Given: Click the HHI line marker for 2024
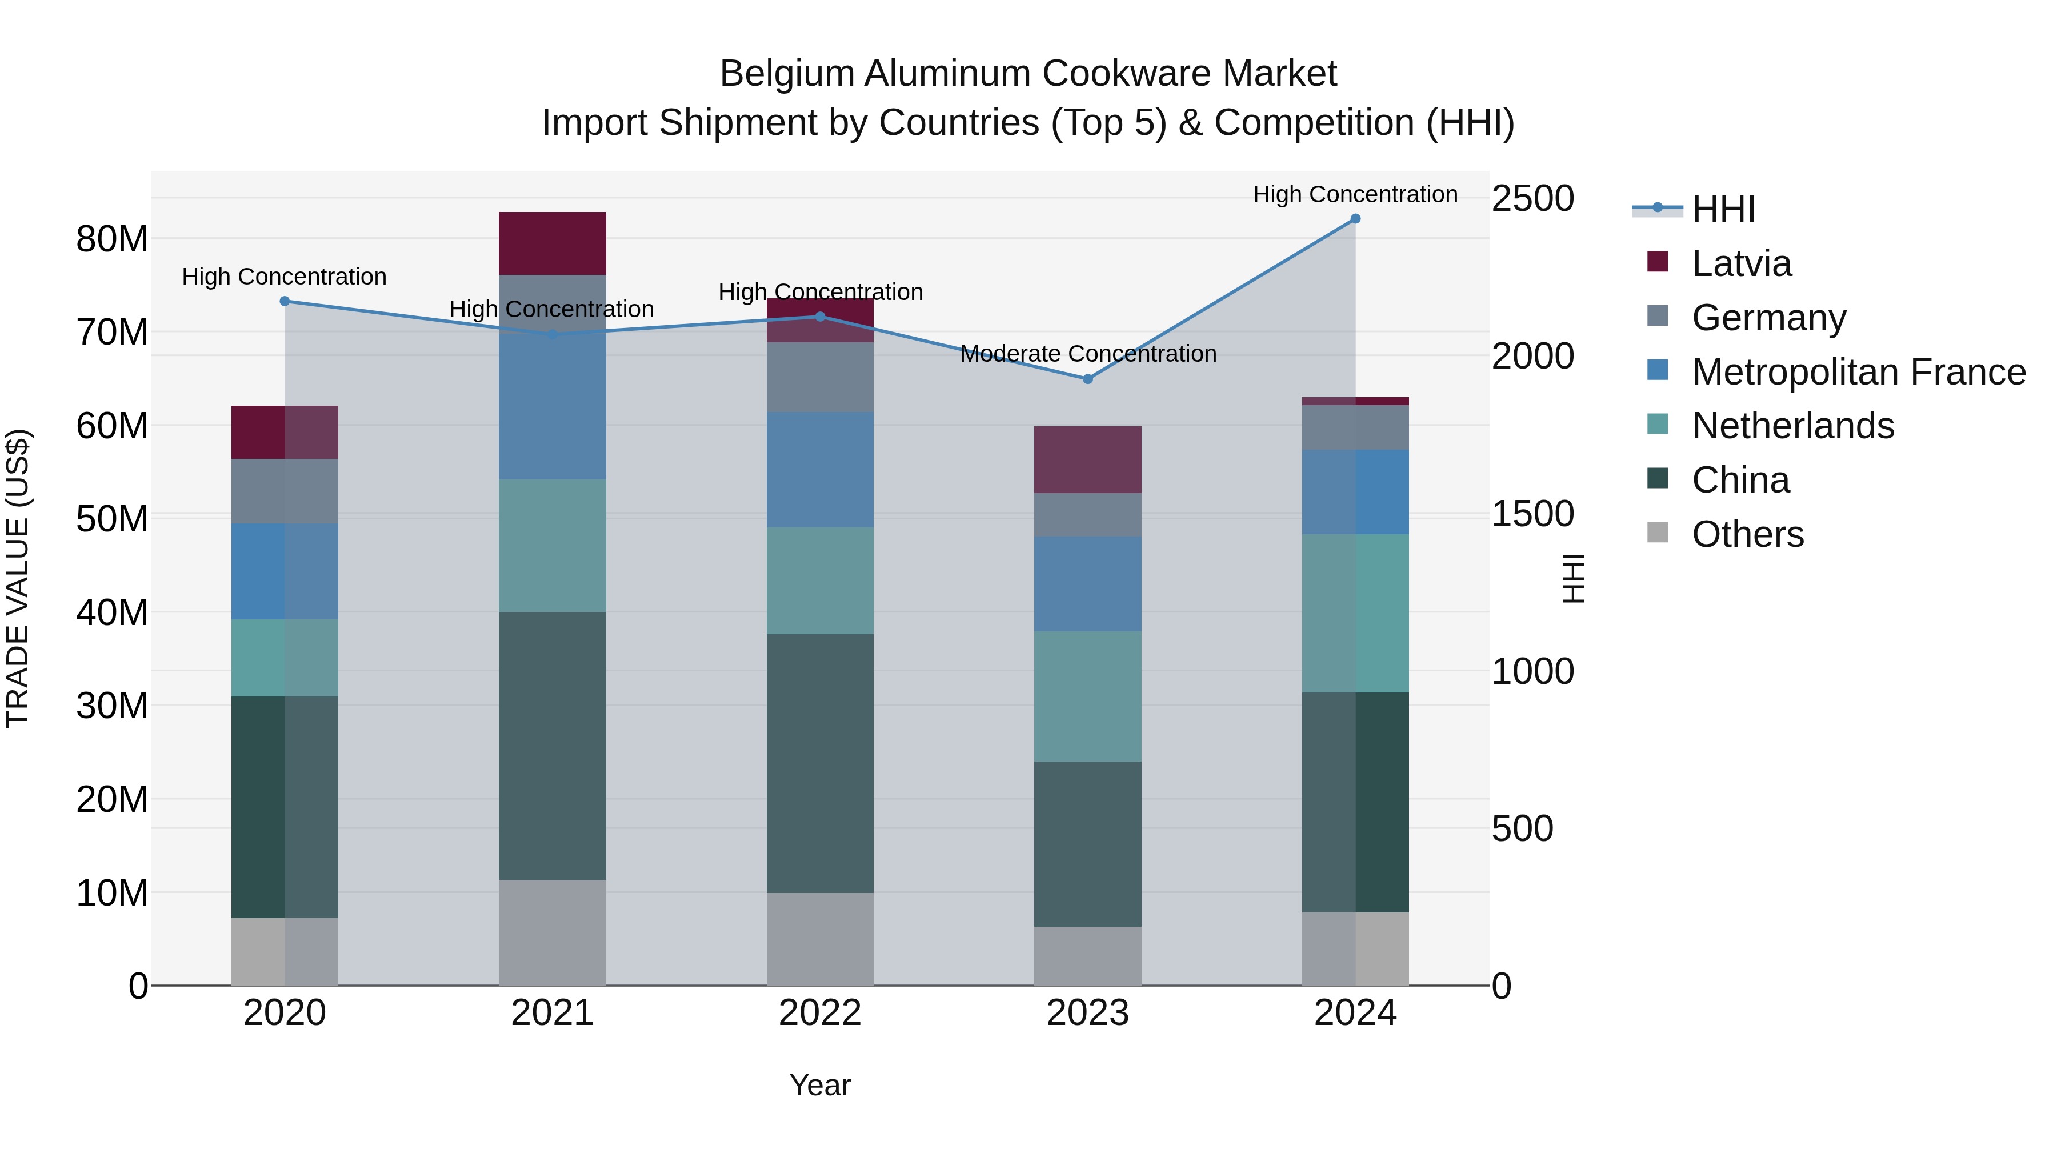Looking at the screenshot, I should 1355,219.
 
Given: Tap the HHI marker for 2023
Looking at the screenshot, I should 1087,378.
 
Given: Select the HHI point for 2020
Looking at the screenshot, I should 285,301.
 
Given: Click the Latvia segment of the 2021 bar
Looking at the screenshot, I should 552,243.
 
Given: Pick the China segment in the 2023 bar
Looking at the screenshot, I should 1087,844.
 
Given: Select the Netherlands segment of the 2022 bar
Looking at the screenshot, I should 820,580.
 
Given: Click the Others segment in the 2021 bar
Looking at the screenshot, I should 552,932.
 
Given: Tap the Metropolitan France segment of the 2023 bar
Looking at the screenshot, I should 1087,584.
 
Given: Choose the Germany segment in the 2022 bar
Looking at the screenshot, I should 820,377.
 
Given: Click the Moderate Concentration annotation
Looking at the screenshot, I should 1087,354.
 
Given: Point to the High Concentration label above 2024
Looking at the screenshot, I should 1355,194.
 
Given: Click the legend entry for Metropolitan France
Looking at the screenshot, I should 1858,372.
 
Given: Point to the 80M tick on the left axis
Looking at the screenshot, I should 112,239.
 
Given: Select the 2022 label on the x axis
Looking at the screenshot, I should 820,1013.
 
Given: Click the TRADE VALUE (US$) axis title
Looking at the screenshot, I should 18,578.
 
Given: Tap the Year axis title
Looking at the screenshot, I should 820,1085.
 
